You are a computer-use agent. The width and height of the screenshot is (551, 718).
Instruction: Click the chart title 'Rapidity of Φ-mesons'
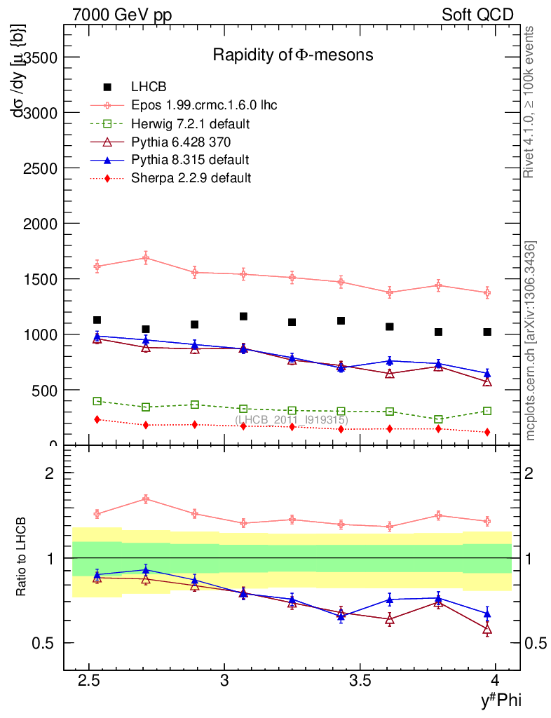click(x=293, y=55)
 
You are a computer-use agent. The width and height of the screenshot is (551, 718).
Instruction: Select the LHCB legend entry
click(x=149, y=87)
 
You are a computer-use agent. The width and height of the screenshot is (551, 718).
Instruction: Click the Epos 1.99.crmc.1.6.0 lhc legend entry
click(x=204, y=105)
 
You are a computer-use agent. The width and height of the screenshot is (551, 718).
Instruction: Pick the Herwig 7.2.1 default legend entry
click(x=191, y=123)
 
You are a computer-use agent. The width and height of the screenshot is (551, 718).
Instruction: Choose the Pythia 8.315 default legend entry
click(x=190, y=160)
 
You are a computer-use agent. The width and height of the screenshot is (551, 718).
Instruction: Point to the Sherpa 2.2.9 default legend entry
click(x=191, y=178)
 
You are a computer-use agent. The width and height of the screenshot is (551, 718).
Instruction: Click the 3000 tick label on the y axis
click(x=41, y=112)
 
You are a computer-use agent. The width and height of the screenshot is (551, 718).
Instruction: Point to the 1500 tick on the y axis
click(x=41, y=279)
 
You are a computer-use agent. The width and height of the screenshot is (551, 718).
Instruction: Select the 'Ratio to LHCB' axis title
click(x=22, y=558)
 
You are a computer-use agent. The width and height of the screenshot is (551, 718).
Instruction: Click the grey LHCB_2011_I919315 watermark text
click(x=292, y=419)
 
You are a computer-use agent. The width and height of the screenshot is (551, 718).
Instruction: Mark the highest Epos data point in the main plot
click(x=146, y=257)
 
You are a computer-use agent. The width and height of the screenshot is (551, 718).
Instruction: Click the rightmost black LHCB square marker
click(x=487, y=332)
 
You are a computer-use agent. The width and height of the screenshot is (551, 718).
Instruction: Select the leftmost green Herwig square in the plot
click(x=97, y=401)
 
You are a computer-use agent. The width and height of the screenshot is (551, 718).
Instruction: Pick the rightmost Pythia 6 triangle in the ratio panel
click(x=487, y=630)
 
